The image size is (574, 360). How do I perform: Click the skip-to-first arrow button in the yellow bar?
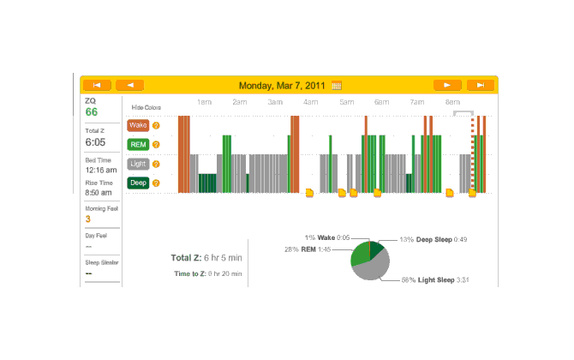click(x=97, y=86)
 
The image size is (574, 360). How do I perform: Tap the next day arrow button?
click(x=447, y=86)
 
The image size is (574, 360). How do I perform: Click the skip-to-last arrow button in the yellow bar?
click(x=481, y=86)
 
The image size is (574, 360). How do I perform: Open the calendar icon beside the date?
click(x=337, y=86)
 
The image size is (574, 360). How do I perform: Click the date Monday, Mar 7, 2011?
click(x=283, y=86)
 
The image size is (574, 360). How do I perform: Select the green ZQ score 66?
click(x=92, y=112)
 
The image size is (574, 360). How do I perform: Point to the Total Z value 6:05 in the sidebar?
click(x=95, y=142)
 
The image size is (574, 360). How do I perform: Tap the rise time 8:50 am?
click(x=99, y=193)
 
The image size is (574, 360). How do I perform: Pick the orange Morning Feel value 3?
click(x=87, y=219)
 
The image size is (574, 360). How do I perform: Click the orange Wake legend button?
click(x=138, y=125)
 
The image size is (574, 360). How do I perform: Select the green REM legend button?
click(x=138, y=144)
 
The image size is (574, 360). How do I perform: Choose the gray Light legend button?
click(x=138, y=163)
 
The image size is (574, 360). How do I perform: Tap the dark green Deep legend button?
click(x=138, y=183)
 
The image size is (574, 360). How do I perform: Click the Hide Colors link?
click(x=146, y=108)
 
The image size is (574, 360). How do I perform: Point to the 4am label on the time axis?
click(x=310, y=103)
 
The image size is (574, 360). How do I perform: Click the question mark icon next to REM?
click(x=156, y=144)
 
